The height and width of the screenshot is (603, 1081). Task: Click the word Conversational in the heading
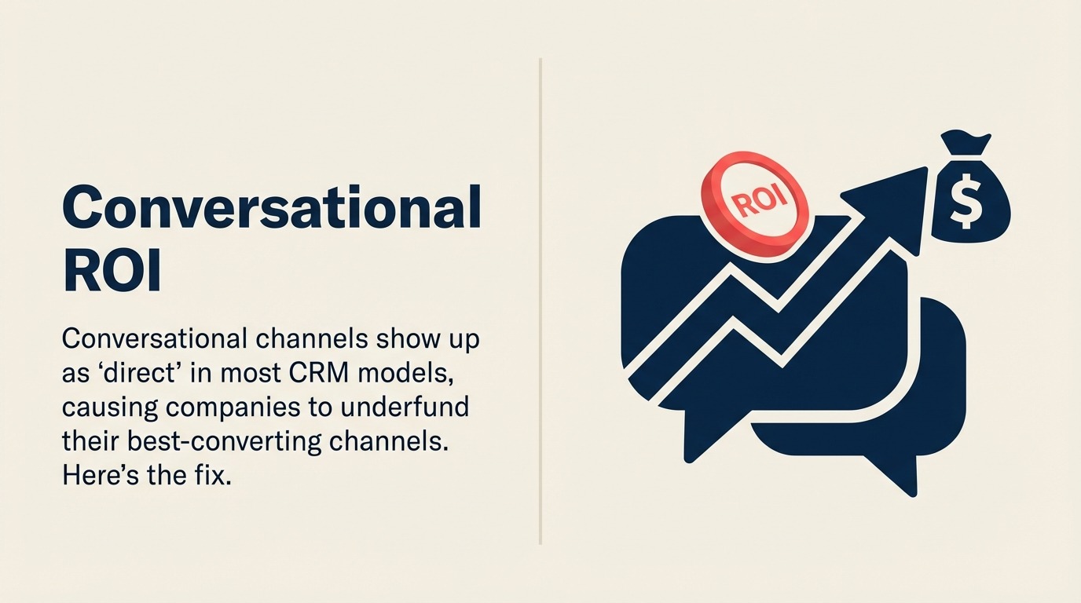coord(271,209)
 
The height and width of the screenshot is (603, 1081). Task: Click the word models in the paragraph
coord(412,373)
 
